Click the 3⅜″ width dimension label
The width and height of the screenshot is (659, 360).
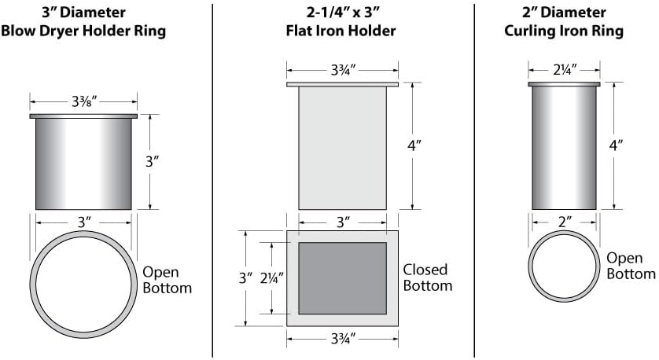[x=84, y=101]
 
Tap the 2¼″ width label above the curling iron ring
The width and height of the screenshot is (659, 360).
[x=565, y=70]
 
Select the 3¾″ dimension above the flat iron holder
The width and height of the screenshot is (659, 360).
[x=343, y=70]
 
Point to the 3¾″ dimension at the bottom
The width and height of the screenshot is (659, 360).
[x=343, y=338]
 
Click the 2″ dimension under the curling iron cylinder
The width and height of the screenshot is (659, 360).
[x=565, y=222]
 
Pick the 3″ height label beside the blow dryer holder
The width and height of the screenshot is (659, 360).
[x=152, y=161]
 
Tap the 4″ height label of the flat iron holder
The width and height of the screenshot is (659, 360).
[x=414, y=145]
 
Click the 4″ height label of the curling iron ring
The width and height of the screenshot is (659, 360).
[x=616, y=145]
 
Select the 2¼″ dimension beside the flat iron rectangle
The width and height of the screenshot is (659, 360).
[x=271, y=277]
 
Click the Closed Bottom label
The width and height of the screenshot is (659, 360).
[x=428, y=277]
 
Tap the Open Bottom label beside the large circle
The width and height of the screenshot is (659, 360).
[x=167, y=280]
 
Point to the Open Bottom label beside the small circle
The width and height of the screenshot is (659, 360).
[x=631, y=266]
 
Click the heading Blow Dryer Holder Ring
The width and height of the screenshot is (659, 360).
[x=83, y=31]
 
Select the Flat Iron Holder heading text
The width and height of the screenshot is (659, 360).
[x=341, y=31]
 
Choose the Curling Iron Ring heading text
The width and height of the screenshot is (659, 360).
[x=564, y=31]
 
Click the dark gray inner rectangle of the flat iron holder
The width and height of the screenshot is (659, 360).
[x=343, y=278]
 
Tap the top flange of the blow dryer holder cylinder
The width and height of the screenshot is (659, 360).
[x=83, y=116]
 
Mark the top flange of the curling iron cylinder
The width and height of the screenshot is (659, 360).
[x=564, y=84]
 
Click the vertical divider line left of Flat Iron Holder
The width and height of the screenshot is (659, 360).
[x=212, y=181]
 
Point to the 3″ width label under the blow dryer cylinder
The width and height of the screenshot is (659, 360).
[x=84, y=222]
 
